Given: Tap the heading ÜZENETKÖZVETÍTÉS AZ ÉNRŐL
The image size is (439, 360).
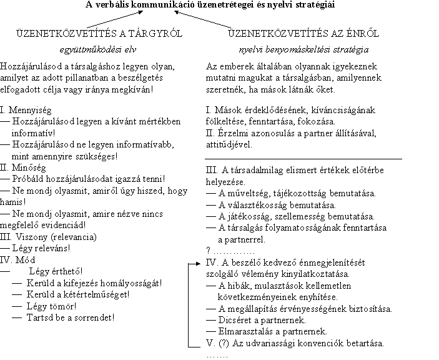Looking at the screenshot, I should coord(303,33).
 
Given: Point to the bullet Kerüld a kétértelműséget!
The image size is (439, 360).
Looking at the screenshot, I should coord(79,294).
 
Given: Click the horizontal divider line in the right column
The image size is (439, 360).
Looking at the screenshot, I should coord(303,159).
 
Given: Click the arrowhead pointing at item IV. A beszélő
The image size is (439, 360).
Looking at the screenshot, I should coord(200,263).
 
